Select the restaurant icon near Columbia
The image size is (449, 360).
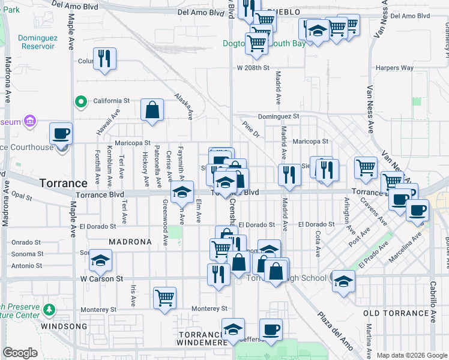[104, 59]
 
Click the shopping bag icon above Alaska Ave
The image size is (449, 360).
[152, 110]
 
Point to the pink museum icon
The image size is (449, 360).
[28, 122]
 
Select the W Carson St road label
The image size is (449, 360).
[101, 279]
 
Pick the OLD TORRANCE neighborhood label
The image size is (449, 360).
[397, 313]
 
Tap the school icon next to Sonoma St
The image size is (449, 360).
[101, 260]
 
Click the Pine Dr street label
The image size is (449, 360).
[250, 130]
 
